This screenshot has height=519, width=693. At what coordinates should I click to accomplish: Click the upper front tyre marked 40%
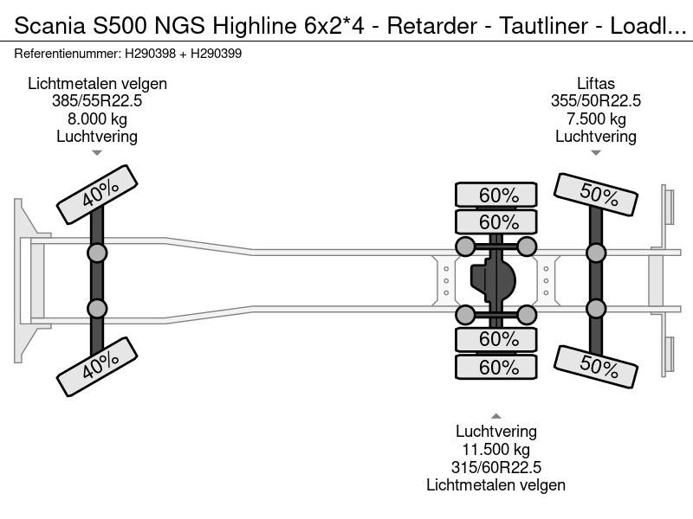click(97, 195)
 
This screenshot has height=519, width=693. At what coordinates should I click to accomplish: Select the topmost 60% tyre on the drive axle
click(498, 195)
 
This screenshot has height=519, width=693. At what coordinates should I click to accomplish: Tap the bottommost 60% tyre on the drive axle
click(498, 368)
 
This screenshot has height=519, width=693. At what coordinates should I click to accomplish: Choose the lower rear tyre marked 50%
click(597, 366)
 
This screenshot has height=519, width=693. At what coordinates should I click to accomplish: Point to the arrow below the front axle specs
click(97, 153)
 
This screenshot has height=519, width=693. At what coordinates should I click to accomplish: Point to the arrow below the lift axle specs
click(596, 153)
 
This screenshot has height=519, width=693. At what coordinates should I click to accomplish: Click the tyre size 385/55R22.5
click(97, 101)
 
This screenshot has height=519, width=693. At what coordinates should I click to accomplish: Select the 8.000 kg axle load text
click(97, 119)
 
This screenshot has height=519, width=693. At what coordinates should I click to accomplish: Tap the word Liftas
click(596, 84)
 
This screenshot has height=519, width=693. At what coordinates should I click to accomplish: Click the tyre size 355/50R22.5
click(596, 101)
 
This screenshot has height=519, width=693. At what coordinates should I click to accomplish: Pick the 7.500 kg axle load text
click(596, 119)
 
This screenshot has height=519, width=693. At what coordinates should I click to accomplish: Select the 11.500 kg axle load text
click(496, 450)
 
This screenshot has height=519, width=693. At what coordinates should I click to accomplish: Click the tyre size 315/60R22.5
click(496, 467)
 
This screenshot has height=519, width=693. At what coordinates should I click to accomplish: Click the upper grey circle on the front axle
click(97, 253)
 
